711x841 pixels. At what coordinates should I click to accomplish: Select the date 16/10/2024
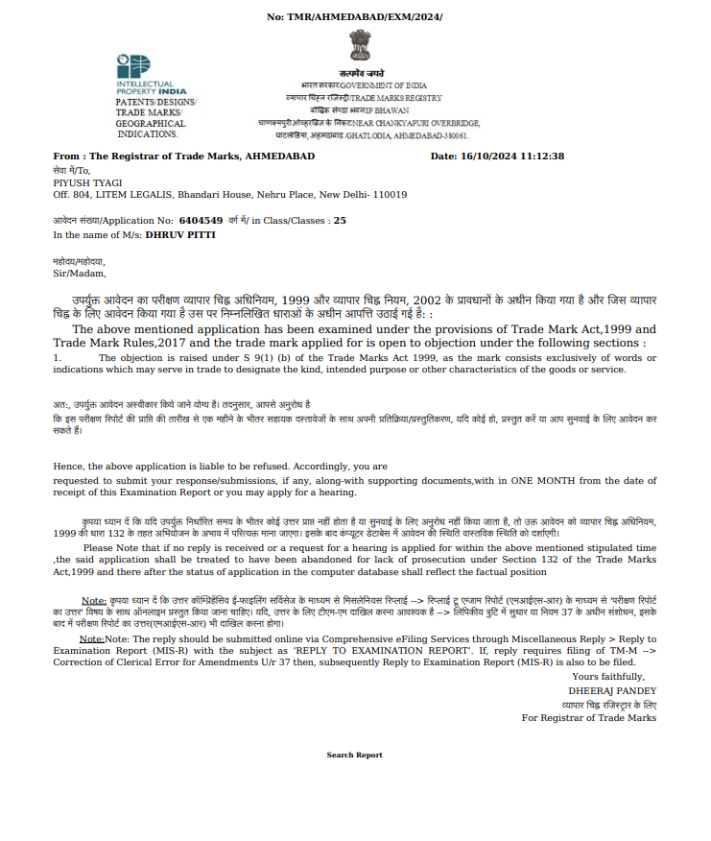pos(491,156)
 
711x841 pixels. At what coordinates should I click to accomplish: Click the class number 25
pos(340,220)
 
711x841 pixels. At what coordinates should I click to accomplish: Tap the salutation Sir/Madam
pos(80,274)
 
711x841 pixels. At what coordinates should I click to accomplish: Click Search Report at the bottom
pos(354,755)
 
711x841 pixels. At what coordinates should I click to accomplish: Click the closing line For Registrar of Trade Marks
pos(589,717)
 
